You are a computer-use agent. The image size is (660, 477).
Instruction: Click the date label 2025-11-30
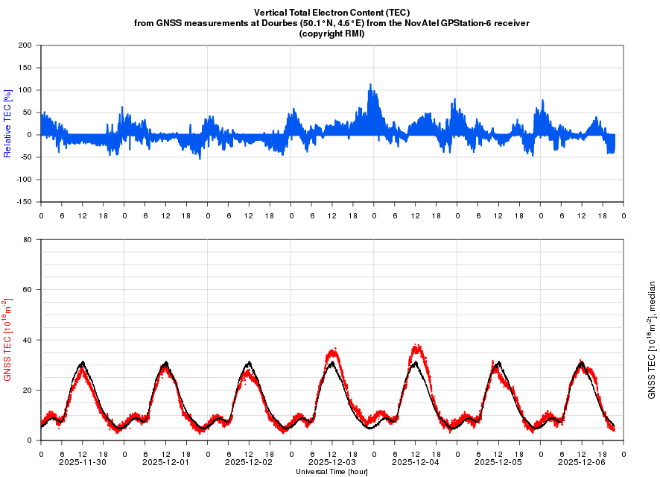83,462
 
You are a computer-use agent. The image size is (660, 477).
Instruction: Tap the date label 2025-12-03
332,462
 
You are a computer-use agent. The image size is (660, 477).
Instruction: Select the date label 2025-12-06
582,462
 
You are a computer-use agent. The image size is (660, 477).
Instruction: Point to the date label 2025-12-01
166,462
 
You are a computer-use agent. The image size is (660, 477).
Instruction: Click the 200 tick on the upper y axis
26,45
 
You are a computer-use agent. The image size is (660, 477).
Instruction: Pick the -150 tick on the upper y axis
25,202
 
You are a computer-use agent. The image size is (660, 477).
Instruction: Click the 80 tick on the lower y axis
28,240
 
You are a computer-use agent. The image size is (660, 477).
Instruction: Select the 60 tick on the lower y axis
28,290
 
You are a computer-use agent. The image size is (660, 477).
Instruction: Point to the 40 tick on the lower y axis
28,340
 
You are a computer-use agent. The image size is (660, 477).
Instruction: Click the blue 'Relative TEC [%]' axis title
7,123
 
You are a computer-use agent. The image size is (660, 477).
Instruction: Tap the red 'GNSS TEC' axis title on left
8,340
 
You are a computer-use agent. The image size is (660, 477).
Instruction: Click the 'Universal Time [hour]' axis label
331,472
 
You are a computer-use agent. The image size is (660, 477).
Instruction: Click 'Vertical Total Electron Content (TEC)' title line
331,13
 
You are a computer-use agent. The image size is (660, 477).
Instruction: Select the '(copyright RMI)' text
331,34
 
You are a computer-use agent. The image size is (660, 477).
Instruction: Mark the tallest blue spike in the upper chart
370,85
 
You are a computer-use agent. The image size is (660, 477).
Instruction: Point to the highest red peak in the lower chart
416,345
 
